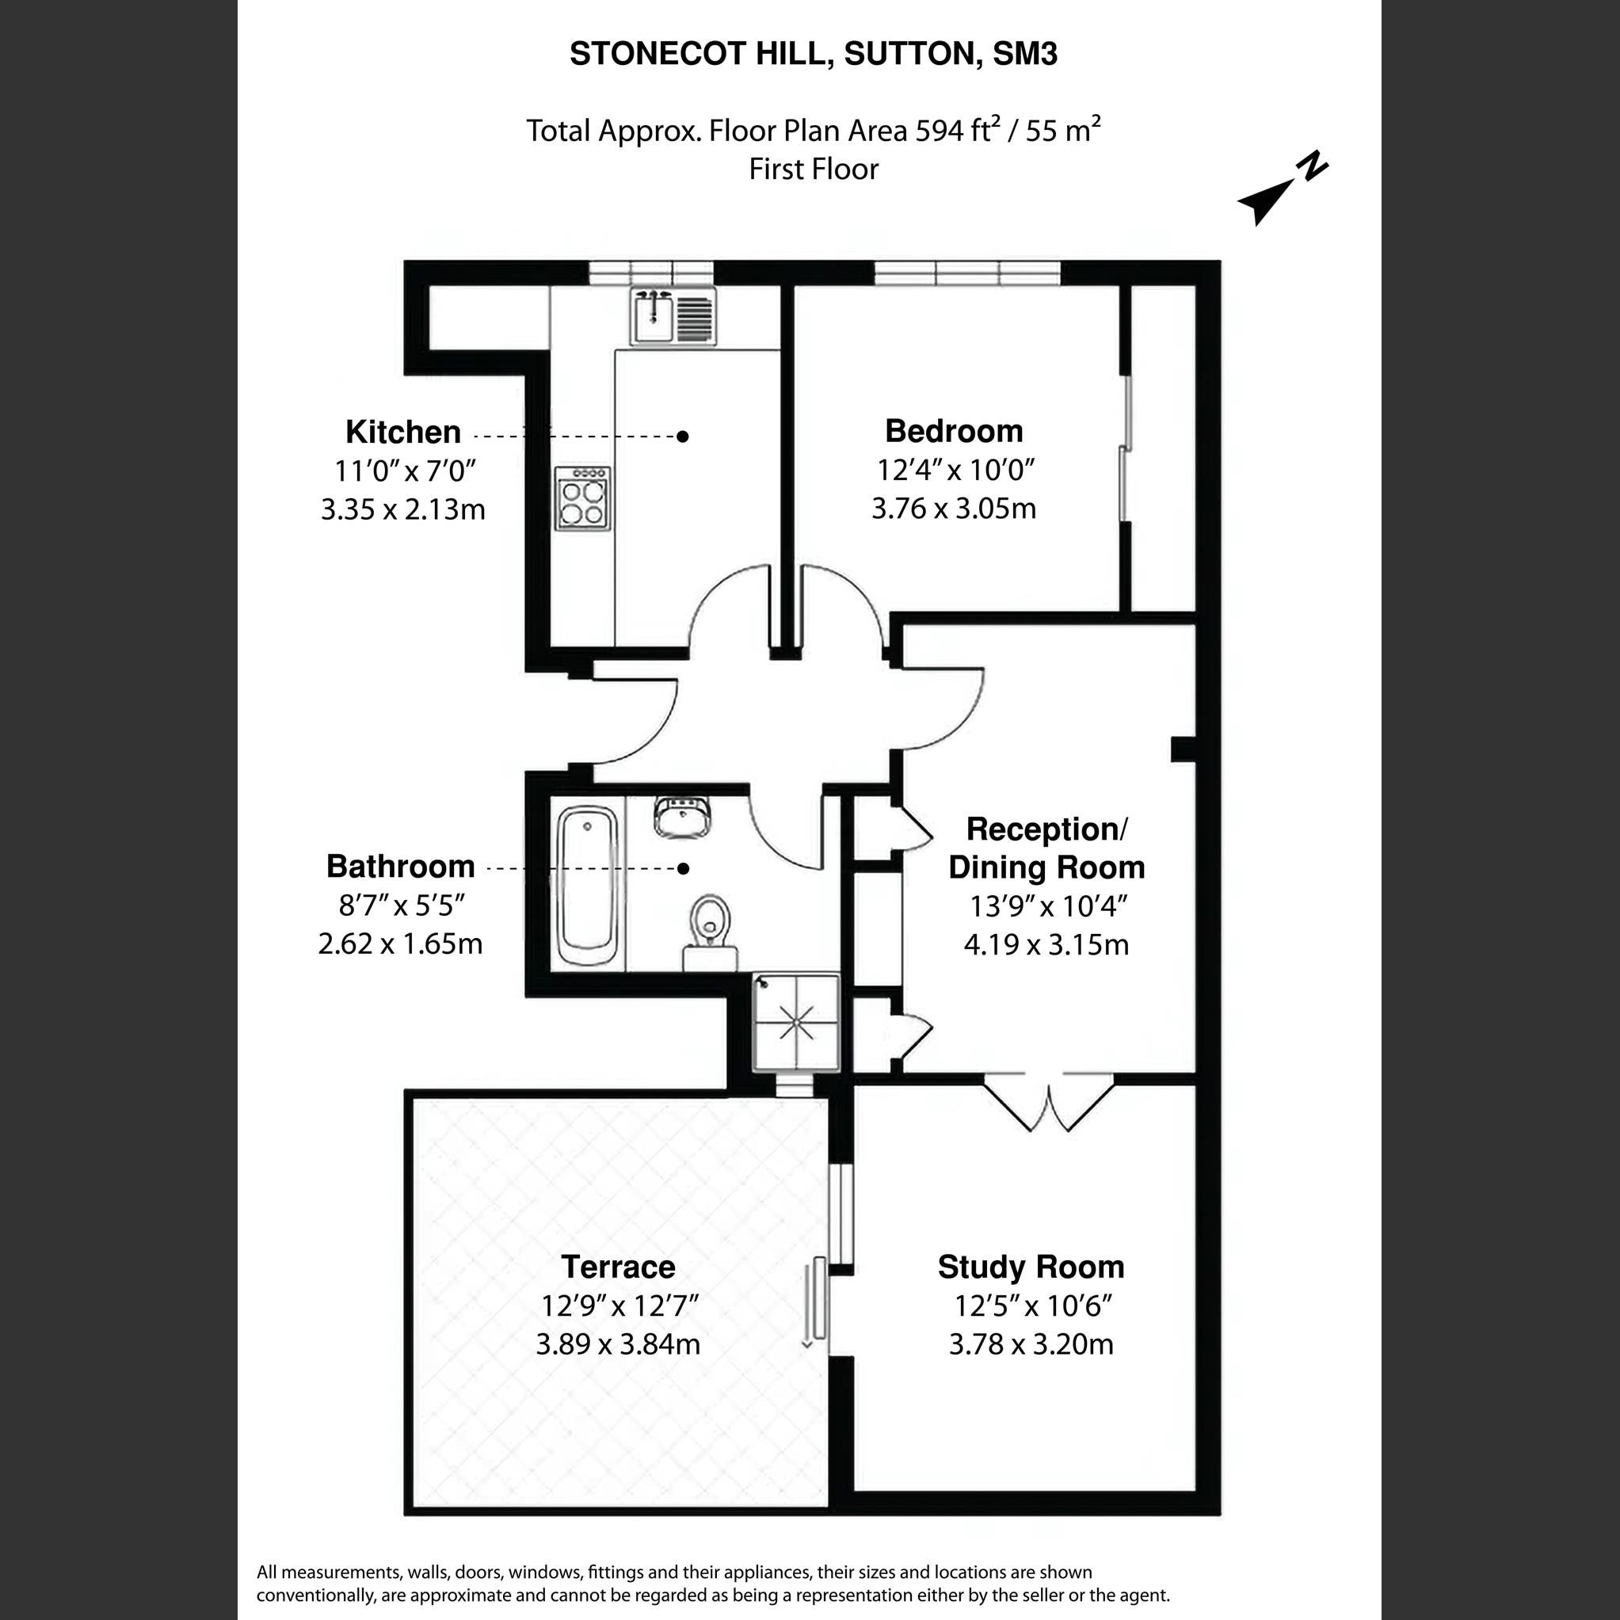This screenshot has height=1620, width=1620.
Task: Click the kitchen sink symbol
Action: point(673,316)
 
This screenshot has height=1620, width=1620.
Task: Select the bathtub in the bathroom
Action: point(588,886)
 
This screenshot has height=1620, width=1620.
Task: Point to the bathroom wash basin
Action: point(684,817)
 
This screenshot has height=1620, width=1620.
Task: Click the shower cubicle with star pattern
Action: point(796,1022)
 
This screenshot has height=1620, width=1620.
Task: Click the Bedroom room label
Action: point(954,431)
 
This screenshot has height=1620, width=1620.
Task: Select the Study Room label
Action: point(1031,1267)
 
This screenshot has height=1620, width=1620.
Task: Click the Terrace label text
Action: point(618,1267)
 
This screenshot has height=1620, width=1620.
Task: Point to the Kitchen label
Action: point(403,433)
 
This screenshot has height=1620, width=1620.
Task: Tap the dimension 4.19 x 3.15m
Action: point(1046,945)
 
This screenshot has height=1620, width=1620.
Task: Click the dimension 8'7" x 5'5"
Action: point(401,905)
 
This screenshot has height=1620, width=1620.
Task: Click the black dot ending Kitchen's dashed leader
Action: point(684,436)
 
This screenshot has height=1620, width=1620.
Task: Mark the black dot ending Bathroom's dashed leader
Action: point(684,869)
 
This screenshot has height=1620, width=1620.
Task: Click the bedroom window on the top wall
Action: point(966,273)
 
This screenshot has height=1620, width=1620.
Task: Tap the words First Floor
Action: point(813,170)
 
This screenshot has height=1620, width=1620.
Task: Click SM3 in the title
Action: point(1024,54)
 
